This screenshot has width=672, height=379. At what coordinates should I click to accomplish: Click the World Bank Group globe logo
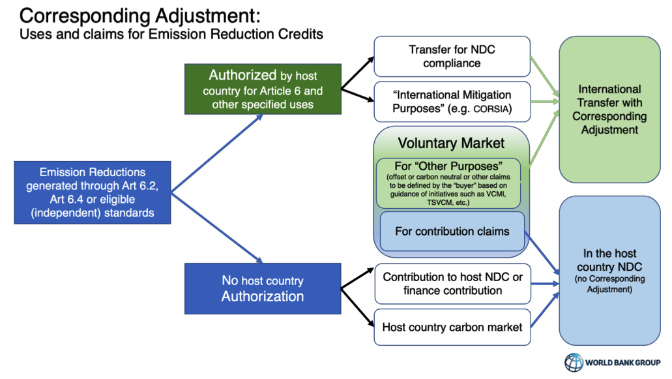pos(574,362)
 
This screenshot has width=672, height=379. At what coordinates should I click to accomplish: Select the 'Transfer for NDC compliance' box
pos(452,57)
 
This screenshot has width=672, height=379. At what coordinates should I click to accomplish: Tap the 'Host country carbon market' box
pos(452,327)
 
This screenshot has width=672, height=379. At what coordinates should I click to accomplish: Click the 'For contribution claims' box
pos(452,231)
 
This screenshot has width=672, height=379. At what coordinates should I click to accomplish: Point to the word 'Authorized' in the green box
pos(242,75)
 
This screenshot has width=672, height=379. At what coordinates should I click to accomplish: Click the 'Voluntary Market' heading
pos(451,144)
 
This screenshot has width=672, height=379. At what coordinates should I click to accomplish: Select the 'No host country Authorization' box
pos(263,288)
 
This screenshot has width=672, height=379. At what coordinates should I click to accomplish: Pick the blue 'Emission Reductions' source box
pos(93,192)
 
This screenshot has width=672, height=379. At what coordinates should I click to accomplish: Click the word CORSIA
pos(492,110)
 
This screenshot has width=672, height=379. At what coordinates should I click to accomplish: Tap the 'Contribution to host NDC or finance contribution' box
pos(452,284)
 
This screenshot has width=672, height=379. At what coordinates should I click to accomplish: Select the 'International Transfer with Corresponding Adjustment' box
pos(609,110)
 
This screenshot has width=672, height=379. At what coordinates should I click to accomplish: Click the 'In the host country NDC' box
pos(609,271)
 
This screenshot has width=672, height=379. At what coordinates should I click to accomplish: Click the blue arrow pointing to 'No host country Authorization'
pos(217,228)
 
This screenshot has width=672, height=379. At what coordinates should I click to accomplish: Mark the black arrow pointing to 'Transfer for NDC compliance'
pos(357,73)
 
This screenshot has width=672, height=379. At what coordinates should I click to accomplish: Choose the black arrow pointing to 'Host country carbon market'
pos(357,308)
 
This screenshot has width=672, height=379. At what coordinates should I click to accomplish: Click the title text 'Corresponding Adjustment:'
pos(139,16)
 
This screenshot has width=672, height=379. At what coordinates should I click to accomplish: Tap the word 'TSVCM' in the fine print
pos(441,202)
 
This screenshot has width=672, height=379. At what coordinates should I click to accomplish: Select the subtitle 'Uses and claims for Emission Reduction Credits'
pos(171,35)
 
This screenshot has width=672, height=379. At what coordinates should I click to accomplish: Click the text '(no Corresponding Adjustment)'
pos(609,284)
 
